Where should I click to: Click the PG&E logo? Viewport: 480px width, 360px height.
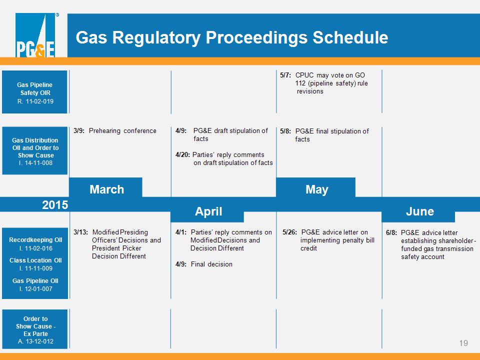click(35, 35)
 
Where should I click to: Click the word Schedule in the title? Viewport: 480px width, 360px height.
click(350, 37)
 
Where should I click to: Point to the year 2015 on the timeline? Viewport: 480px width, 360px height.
click(55, 205)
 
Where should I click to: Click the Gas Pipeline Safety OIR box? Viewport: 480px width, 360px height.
click(34, 92)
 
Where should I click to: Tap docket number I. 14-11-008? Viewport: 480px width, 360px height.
click(35, 163)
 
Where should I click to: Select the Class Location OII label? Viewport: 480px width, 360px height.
click(35, 260)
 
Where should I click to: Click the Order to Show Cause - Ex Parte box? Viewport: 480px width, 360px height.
click(35, 329)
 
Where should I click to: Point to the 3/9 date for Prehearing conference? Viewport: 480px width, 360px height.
click(79, 130)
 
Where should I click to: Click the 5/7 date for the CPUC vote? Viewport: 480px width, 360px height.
click(285, 75)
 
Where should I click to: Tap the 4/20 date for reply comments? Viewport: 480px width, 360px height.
click(182, 155)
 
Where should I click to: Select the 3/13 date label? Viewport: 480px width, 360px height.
click(80, 232)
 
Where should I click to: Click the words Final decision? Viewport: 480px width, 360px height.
click(211, 264)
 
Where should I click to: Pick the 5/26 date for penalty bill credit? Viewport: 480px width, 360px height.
click(289, 232)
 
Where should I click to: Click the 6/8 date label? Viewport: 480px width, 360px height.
click(391, 232)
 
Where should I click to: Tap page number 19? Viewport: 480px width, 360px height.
click(463, 343)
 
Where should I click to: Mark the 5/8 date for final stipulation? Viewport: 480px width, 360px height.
click(285, 131)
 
